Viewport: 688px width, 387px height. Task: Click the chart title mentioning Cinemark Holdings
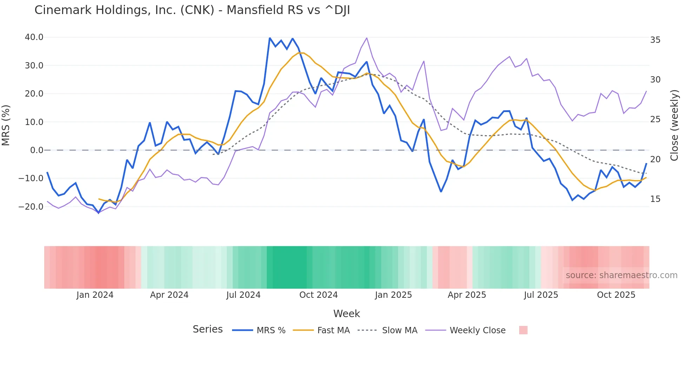click(192, 10)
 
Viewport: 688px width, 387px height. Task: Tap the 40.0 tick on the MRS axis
click(34, 37)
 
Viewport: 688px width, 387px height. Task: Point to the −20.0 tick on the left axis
click(31, 207)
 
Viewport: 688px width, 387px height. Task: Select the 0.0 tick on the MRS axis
click(37, 150)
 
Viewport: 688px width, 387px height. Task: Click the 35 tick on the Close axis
click(655, 40)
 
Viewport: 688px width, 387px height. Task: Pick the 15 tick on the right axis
click(655, 199)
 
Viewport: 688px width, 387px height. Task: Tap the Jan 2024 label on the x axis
click(95, 295)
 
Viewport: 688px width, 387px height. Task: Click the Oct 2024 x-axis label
click(318, 295)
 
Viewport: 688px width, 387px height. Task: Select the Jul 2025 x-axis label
click(541, 295)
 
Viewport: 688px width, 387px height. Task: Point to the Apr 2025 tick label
click(467, 295)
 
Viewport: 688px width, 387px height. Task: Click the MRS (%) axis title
click(6, 125)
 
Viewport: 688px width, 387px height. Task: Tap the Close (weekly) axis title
click(674, 125)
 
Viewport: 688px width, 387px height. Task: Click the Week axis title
click(346, 314)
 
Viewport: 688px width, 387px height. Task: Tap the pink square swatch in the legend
click(523, 330)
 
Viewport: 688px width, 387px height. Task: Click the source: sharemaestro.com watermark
click(621, 275)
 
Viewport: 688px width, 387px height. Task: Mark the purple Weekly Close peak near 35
click(366, 38)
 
